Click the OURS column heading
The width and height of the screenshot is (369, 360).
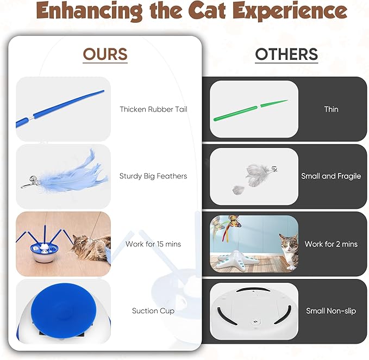pos(105,54)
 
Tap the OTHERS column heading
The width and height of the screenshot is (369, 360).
pos(286,54)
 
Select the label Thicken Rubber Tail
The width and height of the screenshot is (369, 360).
pos(153,109)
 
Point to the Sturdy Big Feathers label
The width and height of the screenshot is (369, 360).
pos(153,176)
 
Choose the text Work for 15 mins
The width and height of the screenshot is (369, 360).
pos(153,244)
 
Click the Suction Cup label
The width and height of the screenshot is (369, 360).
pos(153,311)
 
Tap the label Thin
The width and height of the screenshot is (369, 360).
pos(331,109)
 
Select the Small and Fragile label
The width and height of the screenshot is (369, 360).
pos(331,176)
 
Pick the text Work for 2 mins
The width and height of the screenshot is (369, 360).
pos(331,244)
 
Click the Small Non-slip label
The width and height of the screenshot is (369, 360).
pos(331,311)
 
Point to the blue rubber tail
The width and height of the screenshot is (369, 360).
pos(60,109)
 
